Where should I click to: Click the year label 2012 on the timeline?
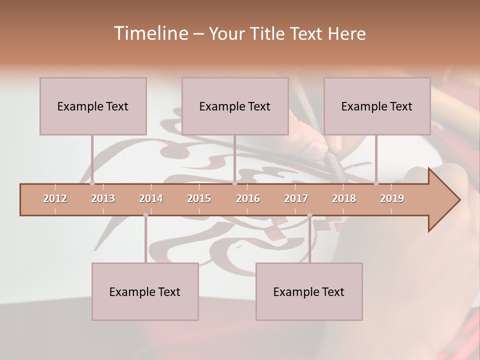tap(55, 198)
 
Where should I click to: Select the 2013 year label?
tap(103, 198)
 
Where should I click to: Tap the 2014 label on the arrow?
tap(151, 198)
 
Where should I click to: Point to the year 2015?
tap(199, 198)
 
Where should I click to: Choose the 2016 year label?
tap(248, 198)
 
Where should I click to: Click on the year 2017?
tap(296, 198)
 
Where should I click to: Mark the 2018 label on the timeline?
tap(344, 198)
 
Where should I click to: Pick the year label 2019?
tap(392, 198)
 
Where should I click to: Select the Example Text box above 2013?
tap(93, 106)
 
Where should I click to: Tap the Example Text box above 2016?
tap(235, 106)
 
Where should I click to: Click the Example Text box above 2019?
tap(377, 106)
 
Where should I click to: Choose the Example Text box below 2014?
tap(145, 291)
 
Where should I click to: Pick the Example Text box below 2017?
tap(309, 291)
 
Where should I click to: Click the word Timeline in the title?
tap(150, 33)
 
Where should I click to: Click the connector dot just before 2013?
tap(92, 183)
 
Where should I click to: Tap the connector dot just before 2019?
tap(376, 183)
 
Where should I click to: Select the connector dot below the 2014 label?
tap(145, 215)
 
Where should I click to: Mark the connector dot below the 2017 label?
tap(309, 215)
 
